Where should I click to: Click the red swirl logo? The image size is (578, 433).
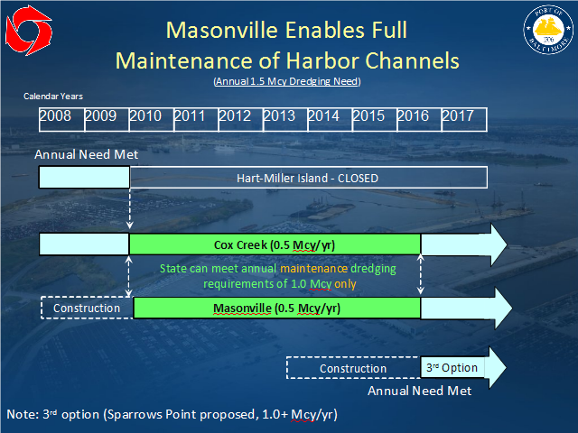coord(29,30)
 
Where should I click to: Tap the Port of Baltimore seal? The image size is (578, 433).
coord(548,30)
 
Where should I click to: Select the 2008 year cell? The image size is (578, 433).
coord(62,120)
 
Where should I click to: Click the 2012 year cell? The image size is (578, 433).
coord(241,120)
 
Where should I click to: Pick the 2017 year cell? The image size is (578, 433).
coord(464,120)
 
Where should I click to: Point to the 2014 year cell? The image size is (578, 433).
coord(330,120)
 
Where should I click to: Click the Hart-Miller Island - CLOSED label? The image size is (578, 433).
coord(307,179)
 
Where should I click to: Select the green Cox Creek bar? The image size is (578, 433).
coord(275,244)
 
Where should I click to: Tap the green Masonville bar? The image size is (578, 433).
coord(277,308)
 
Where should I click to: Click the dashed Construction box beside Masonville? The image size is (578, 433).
coord(87,308)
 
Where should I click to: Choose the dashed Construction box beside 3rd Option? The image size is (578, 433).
coord(353,368)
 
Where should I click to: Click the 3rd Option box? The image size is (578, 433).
coord(452,367)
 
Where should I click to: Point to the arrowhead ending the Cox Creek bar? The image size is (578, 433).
coord(499,244)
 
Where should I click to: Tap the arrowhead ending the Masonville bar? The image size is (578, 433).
coord(503,308)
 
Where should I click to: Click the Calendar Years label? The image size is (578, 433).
coord(53,97)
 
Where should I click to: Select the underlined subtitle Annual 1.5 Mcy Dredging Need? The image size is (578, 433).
coord(287,81)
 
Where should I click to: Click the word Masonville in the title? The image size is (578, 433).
coord(222,30)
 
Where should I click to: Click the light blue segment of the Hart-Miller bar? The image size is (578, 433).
coord(84,178)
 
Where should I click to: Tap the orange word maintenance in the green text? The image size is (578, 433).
coord(313,269)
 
